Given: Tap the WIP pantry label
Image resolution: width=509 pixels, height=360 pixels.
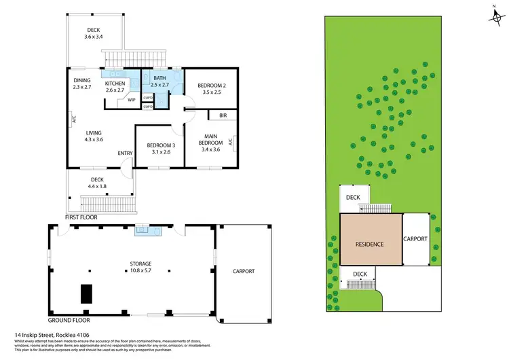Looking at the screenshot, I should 132,101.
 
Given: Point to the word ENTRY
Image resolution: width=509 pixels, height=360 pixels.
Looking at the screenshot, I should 125,154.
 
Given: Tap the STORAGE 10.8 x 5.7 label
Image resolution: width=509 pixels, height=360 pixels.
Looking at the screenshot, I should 140,266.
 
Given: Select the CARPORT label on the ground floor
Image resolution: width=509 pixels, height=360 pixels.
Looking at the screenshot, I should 244,271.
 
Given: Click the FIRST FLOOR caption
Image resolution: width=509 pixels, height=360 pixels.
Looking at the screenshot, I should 81,217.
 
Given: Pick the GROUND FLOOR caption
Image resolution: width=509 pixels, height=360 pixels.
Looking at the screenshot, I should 69,319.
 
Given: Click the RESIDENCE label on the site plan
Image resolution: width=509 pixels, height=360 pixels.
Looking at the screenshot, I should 370,244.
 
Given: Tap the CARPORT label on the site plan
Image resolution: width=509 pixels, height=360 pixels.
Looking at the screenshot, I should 415,239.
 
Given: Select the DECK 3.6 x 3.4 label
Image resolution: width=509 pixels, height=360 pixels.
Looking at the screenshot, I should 94,33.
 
